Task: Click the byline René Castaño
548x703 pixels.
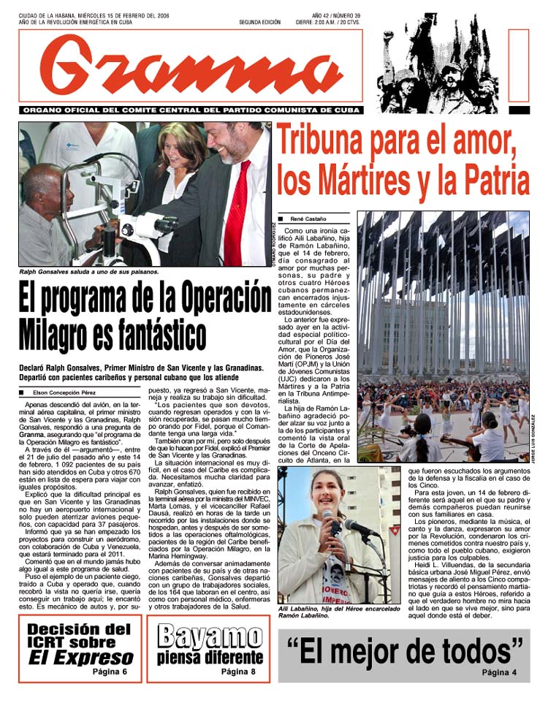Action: [308, 218]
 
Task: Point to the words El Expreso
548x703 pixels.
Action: [81, 656]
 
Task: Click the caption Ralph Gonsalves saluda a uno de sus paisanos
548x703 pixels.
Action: [89, 272]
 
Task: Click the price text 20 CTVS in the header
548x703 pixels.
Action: [351, 23]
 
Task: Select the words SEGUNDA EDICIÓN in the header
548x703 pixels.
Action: [259, 23]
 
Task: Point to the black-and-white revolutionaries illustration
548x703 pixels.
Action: [438, 64]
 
